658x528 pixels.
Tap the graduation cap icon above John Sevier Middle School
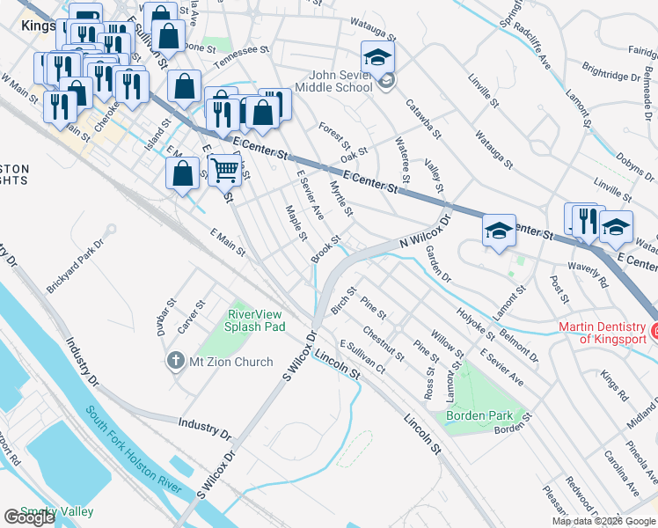[x=377, y=58]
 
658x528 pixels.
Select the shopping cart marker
[x=225, y=169]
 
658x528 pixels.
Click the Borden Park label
[x=479, y=415]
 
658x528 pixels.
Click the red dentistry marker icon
[x=654, y=331]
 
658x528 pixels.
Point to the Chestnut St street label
[x=383, y=344]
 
